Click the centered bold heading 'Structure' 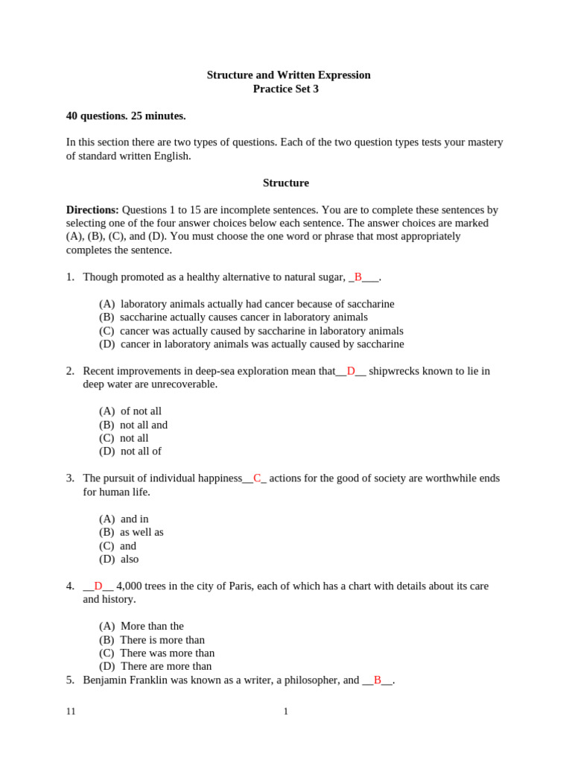[285, 183]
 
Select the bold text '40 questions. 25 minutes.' [126, 115]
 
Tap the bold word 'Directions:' [92, 210]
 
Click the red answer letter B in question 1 [358, 277]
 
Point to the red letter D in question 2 [351, 371]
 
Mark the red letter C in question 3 [258, 478]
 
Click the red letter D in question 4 [98, 586]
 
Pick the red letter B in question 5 [378, 680]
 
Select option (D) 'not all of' [130, 452]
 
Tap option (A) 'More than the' [142, 626]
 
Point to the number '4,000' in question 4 [130, 586]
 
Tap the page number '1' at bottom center [285, 712]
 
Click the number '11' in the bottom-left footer [71, 712]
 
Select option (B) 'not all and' [133, 425]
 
